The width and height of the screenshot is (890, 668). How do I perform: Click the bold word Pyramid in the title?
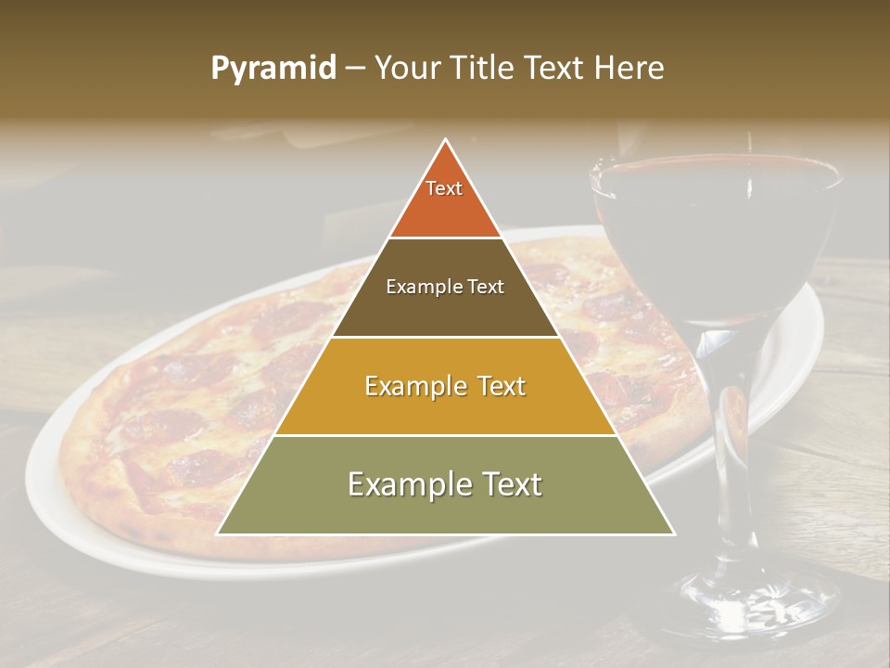[273, 69]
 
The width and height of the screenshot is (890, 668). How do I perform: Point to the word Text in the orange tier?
[444, 188]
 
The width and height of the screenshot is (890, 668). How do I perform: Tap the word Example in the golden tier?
[407, 386]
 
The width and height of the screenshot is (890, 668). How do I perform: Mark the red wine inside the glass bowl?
[714, 241]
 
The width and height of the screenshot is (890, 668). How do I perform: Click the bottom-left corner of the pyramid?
[219, 533]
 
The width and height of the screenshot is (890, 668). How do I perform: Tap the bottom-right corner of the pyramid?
[673, 533]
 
